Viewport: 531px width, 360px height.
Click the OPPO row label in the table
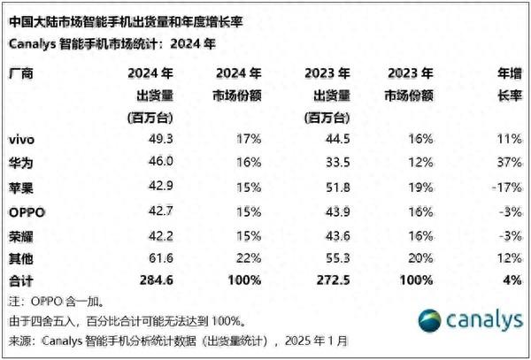tap(27, 213)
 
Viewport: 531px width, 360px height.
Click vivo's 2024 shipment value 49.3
tap(159, 139)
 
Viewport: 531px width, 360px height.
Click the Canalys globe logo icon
tap(429, 321)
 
